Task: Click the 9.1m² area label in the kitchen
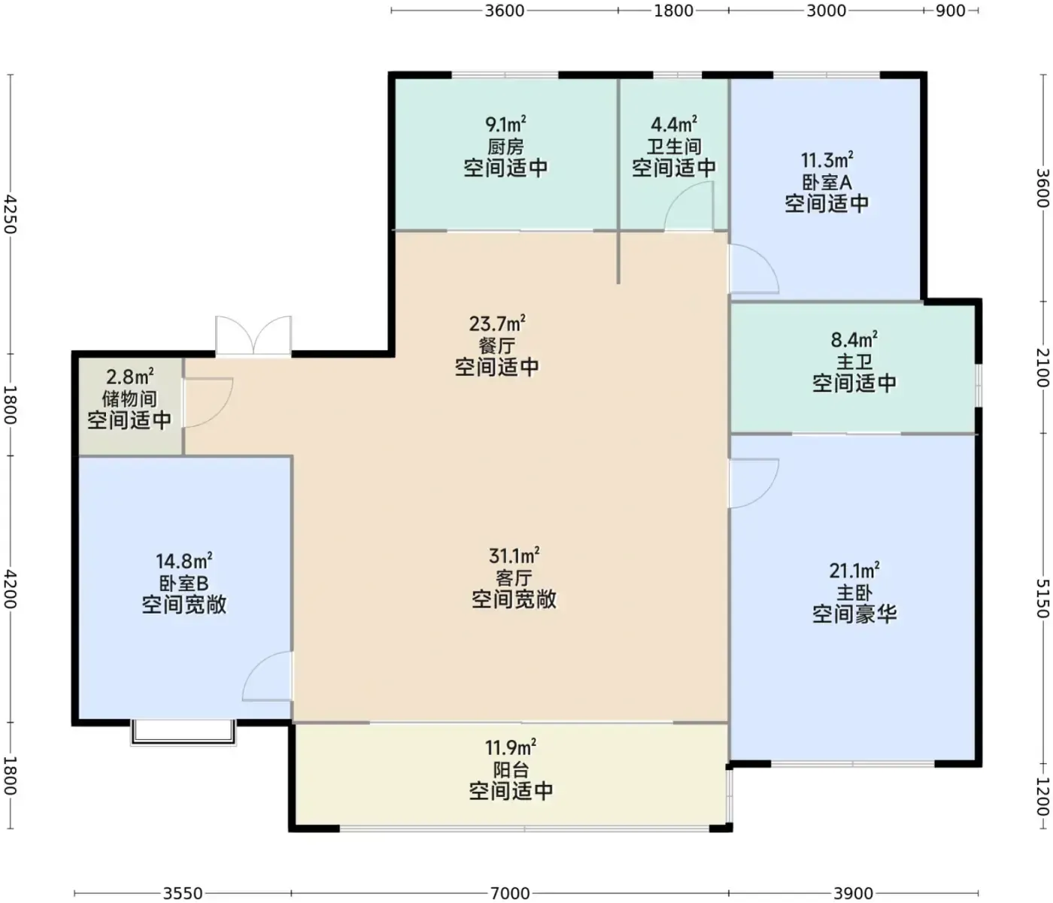pyautogui.click(x=505, y=124)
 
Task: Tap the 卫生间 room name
pyautogui.click(x=674, y=147)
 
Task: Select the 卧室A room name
pyautogui.click(x=827, y=183)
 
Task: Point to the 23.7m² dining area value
pyautogui.click(x=497, y=323)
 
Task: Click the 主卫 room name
pyautogui.click(x=854, y=362)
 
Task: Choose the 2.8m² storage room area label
pyautogui.click(x=130, y=377)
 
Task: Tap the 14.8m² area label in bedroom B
pyautogui.click(x=184, y=561)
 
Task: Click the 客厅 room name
pyautogui.click(x=514, y=578)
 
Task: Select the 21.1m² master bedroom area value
pyautogui.click(x=854, y=571)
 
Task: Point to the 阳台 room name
pyautogui.click(x=511, y=769)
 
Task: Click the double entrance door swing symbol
pyautogui.click(x=253, y=335)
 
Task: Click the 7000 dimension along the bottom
pyautogui.click(x=510, y=893)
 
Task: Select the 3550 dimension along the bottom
pyautogui.click(x=183, y=893)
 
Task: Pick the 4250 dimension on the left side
pyautogui.click(x=11, y=214)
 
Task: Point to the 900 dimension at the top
pyautogui.click(x=951, y=11)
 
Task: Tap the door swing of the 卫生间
pyautogui.click(x=688, y=206)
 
